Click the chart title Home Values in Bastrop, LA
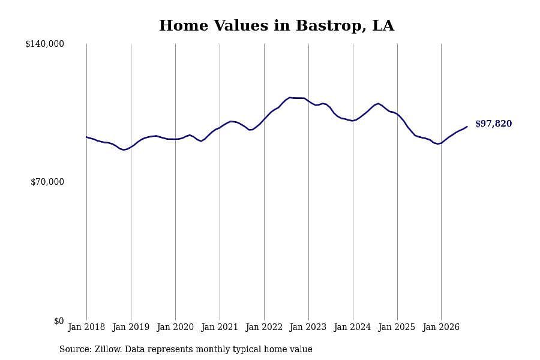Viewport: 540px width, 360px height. [x=277, y=26]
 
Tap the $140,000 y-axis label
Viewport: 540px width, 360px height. [x=44, y=44]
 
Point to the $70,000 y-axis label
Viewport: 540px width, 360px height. [x=47, y=182]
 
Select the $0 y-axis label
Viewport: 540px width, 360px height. [x=59, y=321]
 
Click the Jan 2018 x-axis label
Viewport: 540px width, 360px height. [x=86, y=327]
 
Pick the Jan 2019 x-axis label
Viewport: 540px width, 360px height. [x=131, y=327]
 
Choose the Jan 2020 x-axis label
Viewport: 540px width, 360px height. [x=175, y=327]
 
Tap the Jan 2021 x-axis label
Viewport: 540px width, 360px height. [x=220, y=327]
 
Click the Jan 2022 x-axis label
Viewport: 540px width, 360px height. [x=264, y=327]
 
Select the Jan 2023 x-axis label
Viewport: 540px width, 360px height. [x=308, y=327]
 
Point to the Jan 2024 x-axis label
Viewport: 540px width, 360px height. [x=352, y=327]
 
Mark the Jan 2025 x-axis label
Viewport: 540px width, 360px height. [x=397, y=327]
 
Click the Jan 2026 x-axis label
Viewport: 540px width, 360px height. [x=441, y=327]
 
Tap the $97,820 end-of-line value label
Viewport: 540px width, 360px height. [x=494, y=124]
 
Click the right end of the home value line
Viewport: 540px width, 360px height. [x=467, y=127]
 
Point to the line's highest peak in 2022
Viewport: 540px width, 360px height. [x=290, y=97]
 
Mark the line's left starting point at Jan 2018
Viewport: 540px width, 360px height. [x=86, y=137]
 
